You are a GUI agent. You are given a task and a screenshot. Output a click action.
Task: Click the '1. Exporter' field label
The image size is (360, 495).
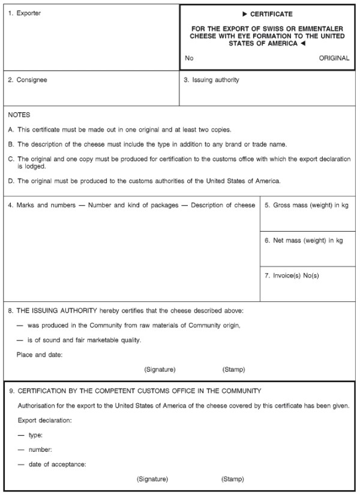coord(25,13)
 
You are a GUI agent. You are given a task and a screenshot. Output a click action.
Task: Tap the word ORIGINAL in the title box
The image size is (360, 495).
coord(334,58)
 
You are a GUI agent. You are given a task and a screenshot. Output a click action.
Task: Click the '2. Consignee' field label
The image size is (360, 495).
coord(28,80)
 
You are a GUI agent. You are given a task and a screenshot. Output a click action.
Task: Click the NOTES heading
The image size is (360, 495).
coord(19,115)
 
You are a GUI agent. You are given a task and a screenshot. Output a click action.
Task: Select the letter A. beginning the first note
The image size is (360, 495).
coord(11,130)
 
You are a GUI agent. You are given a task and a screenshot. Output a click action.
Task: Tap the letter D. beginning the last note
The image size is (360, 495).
coord(11,181)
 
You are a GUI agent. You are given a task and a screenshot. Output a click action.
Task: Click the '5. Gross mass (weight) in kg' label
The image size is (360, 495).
coord(307,205)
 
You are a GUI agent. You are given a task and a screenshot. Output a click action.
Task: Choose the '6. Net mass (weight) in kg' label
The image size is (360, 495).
coord(304,241)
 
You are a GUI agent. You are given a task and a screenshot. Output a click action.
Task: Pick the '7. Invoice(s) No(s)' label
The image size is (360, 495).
coord(292,276)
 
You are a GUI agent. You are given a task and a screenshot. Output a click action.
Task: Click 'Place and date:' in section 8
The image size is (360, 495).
coord(40,355)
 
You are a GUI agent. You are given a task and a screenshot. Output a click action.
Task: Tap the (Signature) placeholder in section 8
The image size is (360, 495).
coord(160,370)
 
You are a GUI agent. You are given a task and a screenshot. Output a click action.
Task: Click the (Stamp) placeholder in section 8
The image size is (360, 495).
coord(233,370)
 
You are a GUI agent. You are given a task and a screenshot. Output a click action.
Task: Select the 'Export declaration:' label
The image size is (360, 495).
coord(45,420)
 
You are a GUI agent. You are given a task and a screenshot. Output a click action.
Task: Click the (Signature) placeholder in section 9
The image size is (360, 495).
coord(152,479)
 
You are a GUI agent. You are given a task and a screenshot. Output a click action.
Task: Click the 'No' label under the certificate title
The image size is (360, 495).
coord(190,58)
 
